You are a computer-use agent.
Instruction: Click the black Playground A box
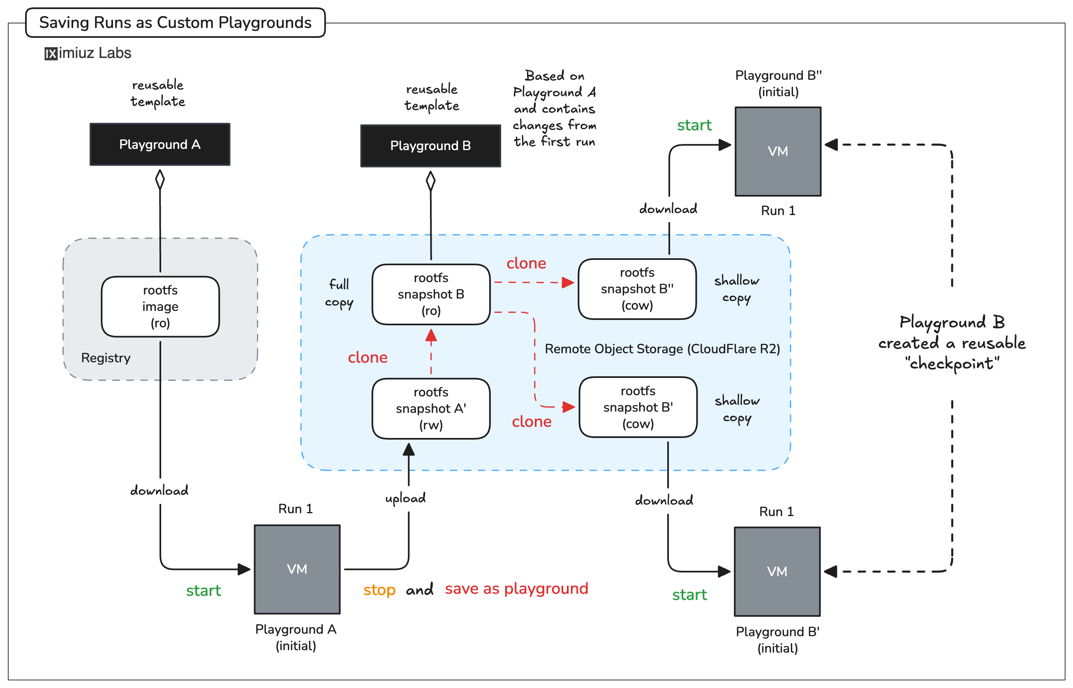point(160,144)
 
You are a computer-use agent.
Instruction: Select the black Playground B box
point(430,146)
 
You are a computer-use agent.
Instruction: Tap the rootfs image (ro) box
point(160,306)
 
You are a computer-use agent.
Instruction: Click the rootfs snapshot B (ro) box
point(430,294)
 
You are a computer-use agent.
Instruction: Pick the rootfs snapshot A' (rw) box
point(430,408)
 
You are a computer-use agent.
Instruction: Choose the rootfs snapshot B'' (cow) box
point(637,289)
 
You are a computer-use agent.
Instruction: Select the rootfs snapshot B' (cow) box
point(638,407)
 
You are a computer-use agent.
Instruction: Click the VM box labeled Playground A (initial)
point(296,569)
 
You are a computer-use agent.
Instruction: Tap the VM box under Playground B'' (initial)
point(777,151)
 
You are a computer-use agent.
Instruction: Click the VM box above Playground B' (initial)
point(777,571)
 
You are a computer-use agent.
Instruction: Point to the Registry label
point(105,358)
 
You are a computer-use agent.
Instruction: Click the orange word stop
point(379,590)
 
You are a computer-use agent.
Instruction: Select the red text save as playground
point(516,588)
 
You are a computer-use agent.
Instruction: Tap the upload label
point(405,498)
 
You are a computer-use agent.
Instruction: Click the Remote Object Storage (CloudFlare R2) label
point(662,348)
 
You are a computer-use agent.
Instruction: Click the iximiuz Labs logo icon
point(51,53)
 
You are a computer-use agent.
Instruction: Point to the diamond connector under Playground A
point(160,180)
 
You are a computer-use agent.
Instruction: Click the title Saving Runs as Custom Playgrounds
point(175,22)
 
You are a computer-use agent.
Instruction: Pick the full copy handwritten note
point(339,293)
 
